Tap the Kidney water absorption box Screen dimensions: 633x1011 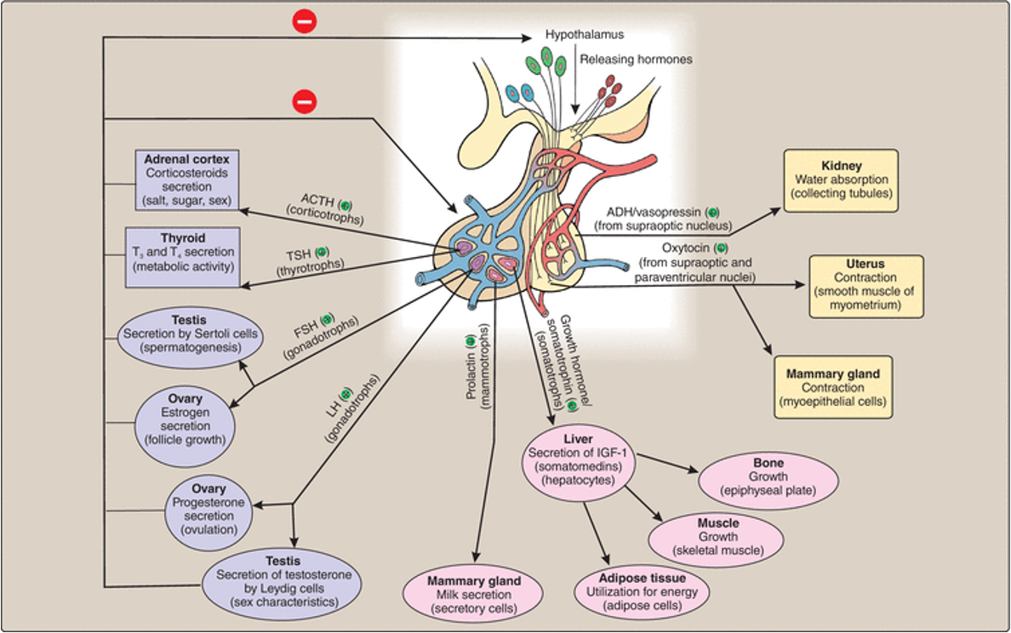click(x=841, y=180)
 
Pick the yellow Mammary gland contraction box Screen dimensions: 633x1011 click(x=833, y=387)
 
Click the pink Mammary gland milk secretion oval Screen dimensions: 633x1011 click(x=473, y=594)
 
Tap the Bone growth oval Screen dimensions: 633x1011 click(x=768, y=477)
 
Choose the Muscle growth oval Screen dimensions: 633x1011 click(x=717, y=537)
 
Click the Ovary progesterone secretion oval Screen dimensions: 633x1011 click(x=208, y=509)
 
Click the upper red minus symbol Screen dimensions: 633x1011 click(x=304, y=21)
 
